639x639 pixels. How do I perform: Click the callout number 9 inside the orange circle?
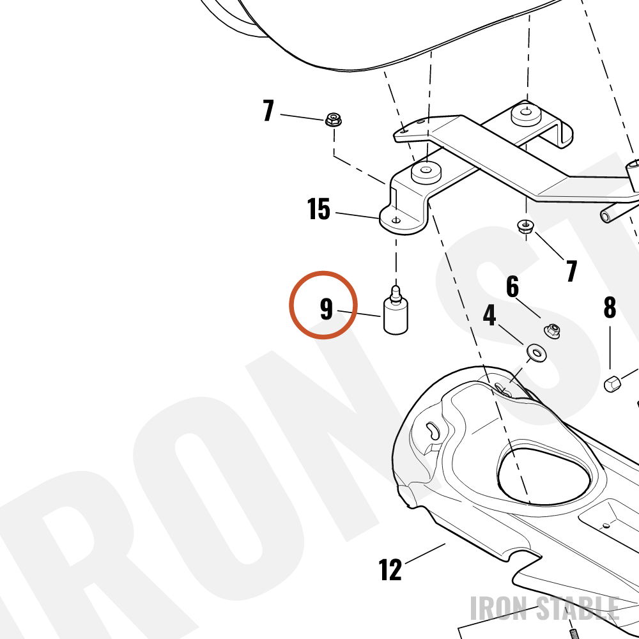point(327,309)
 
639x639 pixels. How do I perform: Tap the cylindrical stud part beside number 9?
point(396,311)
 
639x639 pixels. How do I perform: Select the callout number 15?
point(319,209)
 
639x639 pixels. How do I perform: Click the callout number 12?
point(390,569)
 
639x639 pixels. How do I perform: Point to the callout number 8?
point(610,307)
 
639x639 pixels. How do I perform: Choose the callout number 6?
point(512,286)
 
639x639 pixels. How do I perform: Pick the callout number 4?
point(489,314)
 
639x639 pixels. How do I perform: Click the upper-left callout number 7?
point(268,111)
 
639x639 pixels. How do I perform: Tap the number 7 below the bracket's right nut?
point(572,270)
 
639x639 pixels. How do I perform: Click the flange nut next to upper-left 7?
point(334,119)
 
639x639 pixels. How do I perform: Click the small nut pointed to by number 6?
point(552,331)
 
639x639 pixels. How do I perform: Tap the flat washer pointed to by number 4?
point(536,353)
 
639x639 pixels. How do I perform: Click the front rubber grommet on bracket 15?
point(426,173)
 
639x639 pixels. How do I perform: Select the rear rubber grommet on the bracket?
point(526,115)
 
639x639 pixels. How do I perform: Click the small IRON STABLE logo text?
point(545,608)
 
